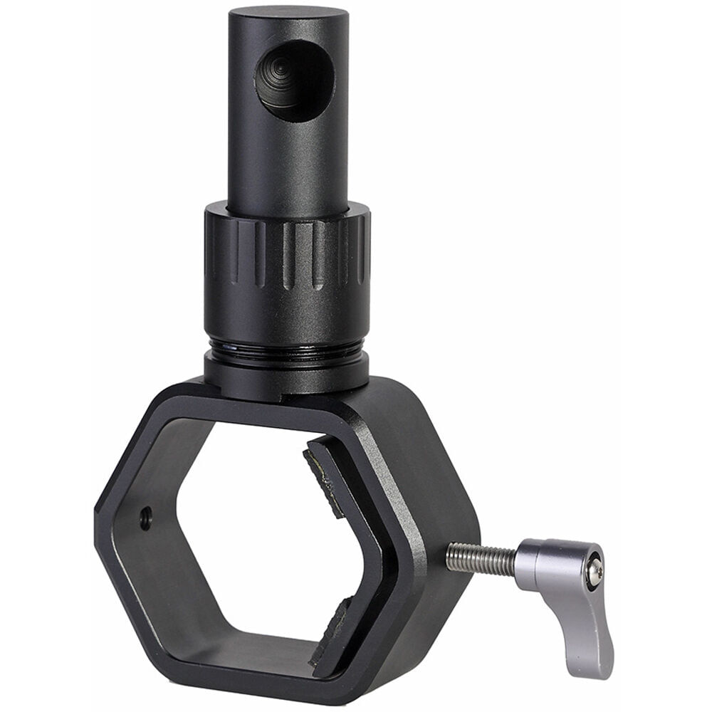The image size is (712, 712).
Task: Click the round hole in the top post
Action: coord(295,79)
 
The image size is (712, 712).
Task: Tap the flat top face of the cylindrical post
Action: coord(288,14)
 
